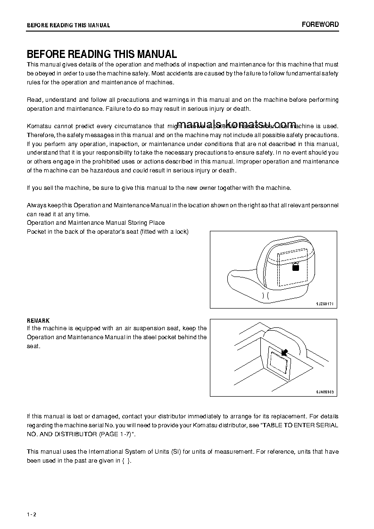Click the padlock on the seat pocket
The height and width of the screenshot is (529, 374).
tap(296, 267)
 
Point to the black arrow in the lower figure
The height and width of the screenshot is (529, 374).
tap(285, 352)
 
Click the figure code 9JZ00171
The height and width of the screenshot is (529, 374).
tap(324, 304)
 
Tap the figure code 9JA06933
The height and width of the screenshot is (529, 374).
tap(324, 391)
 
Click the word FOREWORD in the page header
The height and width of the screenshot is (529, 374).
tap(320, 24)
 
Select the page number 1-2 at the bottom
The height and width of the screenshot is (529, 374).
tap(32, 514)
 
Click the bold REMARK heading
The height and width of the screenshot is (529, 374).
tap(38, 321)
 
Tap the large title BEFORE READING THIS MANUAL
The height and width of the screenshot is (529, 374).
tap(101, 54)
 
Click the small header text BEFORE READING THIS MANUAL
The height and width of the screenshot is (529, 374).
tap(68, 25)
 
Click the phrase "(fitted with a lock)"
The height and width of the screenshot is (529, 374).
tap(164, 231)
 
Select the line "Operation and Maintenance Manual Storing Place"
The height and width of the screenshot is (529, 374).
tap(96, 222)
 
